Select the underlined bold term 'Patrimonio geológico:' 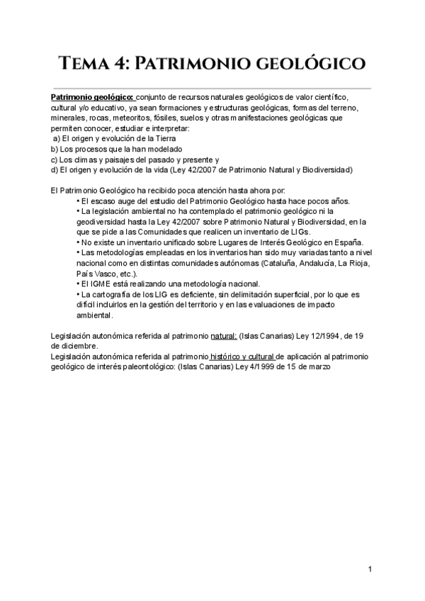coord(92,97)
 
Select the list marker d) coord(55,170)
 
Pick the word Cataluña coord(280,263)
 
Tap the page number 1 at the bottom coord(370,569)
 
